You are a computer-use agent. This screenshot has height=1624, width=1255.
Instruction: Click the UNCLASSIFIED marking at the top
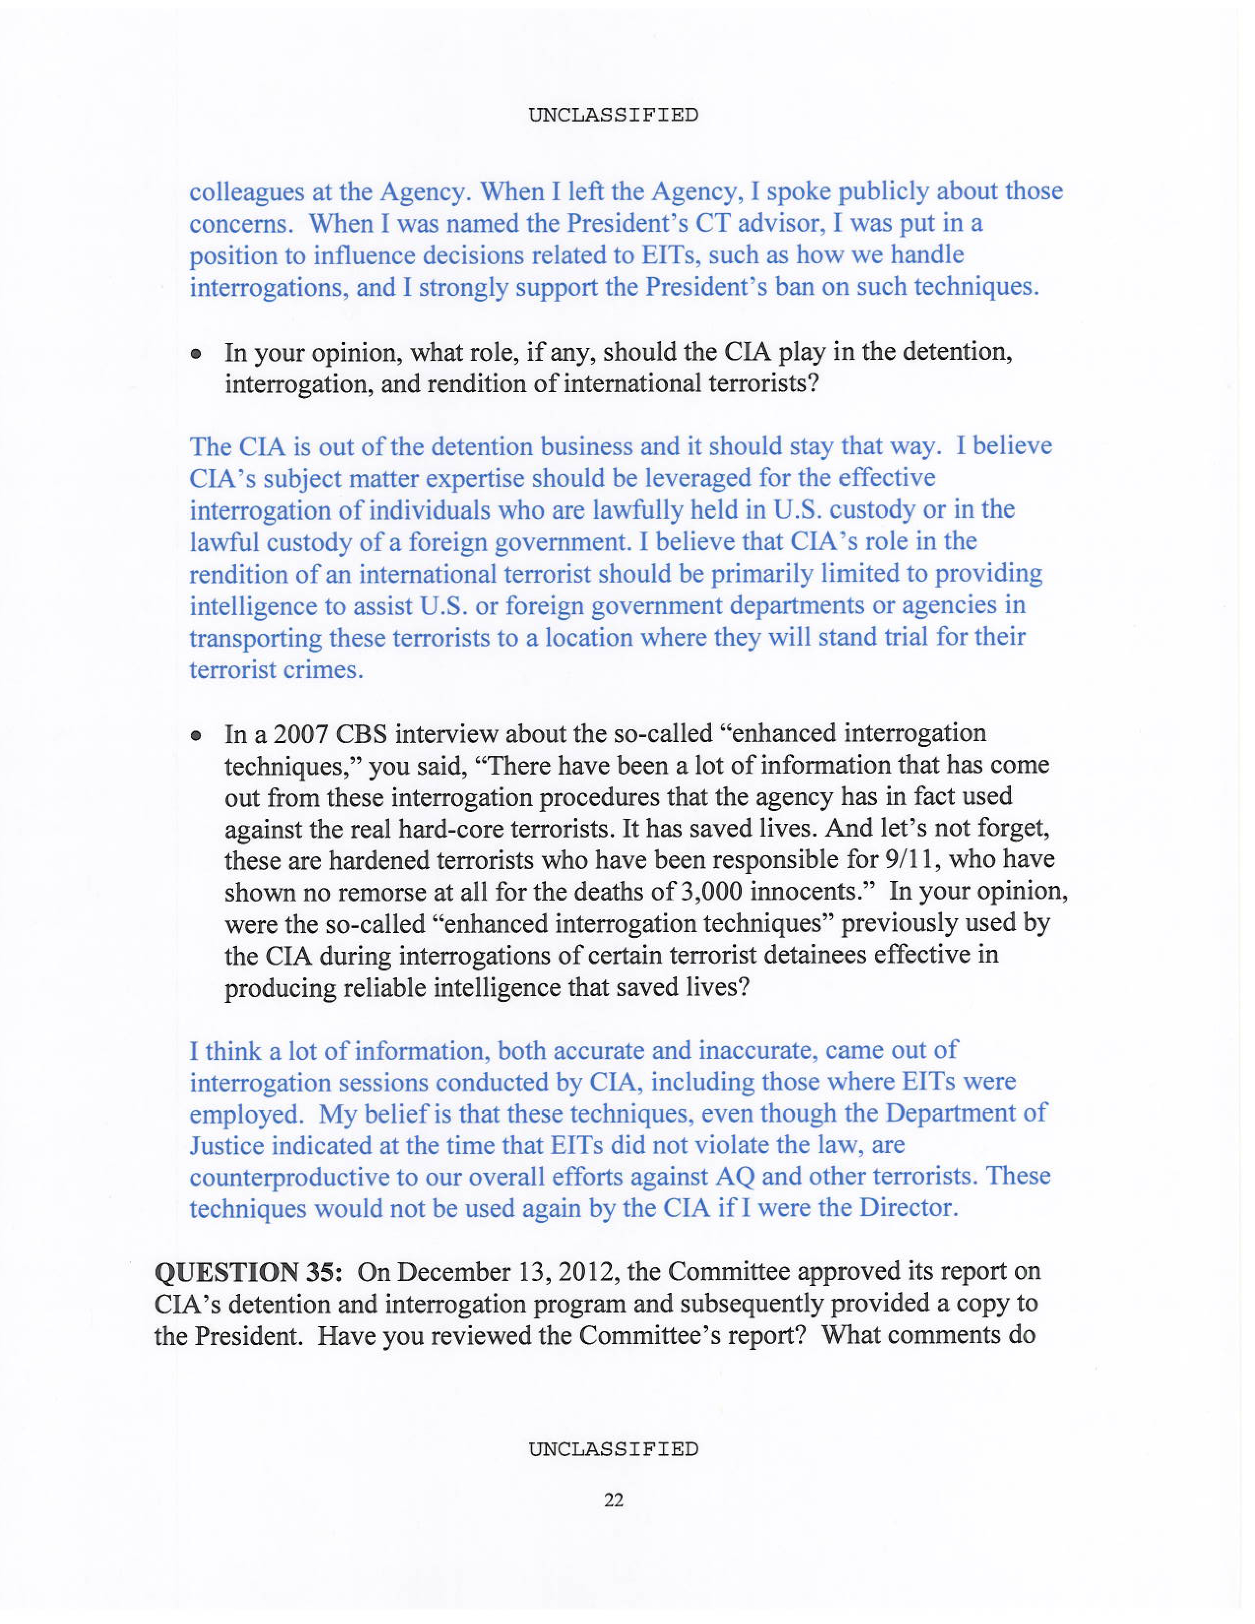[613, 115]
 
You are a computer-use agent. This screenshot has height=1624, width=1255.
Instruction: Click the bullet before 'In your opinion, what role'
[195, 355]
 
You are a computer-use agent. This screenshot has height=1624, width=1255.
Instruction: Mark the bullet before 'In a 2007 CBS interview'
[195, 736]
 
